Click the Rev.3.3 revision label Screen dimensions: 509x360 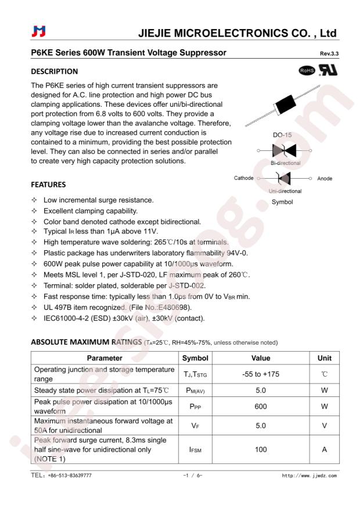click(329, 54)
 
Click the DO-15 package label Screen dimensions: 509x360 click(282, 136)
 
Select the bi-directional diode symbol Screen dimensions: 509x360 click(285, 151)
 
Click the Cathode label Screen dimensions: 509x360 click(243, 178)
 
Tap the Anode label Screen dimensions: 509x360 click(325, 178)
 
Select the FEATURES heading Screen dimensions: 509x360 click(48, 185)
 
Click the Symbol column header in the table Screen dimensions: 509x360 click(195, 358)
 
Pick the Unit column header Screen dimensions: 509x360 click(325, 358)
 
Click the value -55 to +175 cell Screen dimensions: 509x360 click(260, 374)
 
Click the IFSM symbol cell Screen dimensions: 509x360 click(195, 449)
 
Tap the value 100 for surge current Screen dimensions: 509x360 click(260, 449)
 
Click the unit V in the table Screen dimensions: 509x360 click(325, 426)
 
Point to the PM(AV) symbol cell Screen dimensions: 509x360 click(195, 391)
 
